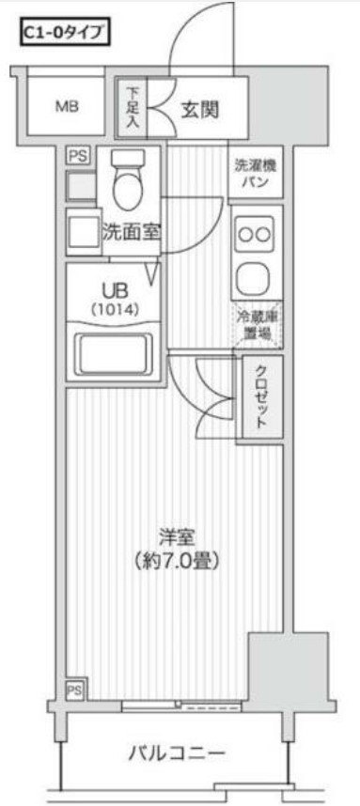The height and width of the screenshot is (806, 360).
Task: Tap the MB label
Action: coord(66,105)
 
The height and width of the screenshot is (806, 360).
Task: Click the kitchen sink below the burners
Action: coord(255,278)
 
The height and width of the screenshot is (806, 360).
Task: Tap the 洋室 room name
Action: coord(174,538)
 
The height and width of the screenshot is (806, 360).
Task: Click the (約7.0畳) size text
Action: coord(174,562)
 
